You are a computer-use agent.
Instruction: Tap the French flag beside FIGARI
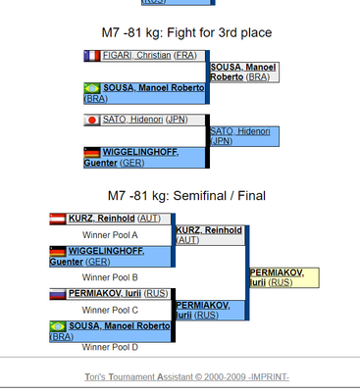93,56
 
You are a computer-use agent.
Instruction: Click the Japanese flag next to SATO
93,120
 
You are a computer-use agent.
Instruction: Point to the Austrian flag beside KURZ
58,219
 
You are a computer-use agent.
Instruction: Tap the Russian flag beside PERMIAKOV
58,293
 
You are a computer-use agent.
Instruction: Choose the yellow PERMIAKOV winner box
283,276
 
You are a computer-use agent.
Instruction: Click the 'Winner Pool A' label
110,235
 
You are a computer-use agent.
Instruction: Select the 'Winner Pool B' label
110,277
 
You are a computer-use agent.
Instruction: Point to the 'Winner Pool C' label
110,310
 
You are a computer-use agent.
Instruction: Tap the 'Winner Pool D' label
110,347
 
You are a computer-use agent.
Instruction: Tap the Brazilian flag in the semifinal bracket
58,325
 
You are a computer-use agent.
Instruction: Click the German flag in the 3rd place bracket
93,152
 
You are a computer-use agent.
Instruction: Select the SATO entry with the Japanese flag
144,120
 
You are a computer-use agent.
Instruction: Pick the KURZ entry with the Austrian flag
109,219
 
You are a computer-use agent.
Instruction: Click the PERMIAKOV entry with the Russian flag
109,293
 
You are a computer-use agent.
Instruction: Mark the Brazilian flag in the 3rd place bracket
93,88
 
